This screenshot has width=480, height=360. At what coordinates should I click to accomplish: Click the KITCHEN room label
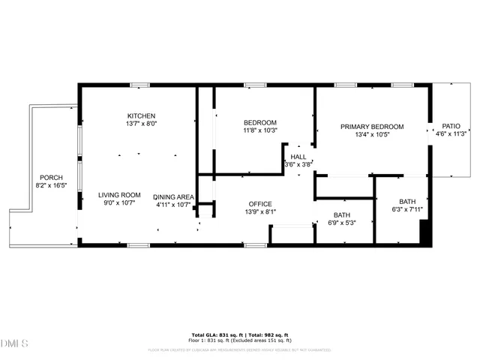click(141, 115)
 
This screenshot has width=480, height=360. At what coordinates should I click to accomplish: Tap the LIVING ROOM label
click(120, 194)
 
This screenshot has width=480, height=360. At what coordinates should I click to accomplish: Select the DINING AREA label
click(175, 196)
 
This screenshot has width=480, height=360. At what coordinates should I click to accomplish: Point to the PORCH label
click(51, 178)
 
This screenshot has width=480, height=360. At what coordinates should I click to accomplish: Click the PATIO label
click(451, 127)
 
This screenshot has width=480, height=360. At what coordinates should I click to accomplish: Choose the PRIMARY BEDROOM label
click(372, 127)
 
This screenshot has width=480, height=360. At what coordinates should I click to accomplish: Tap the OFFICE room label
click(260, 204)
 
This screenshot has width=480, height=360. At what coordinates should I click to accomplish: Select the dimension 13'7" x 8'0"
click(141, 124)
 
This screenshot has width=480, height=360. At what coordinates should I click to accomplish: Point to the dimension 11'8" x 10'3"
click(260, 130)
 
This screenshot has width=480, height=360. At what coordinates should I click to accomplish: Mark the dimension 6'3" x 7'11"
click(407, 210)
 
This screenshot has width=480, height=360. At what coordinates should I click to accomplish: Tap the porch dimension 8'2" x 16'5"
click(51, 185)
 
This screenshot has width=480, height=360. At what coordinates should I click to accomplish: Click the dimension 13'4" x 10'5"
click(372, 134)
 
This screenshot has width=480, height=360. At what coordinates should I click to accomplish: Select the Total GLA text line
click(240, 334)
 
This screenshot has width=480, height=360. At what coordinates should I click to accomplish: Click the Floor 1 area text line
click(240, 340)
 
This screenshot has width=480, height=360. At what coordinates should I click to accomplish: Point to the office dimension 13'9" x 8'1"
click(260, 212)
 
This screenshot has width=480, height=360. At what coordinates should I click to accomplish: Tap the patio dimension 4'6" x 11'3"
click(451, 135)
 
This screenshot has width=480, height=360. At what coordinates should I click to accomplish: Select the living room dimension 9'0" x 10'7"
click(120, 202)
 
